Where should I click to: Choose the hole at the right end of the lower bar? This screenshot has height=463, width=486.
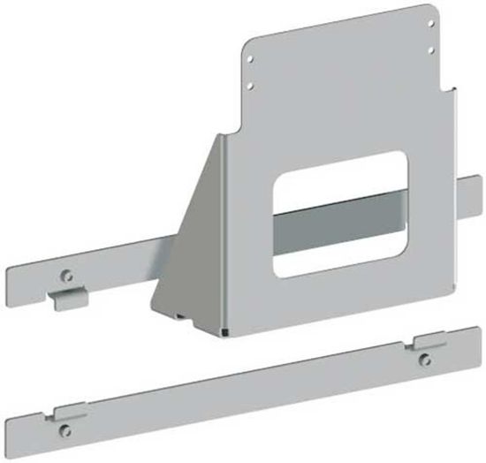click(x=426, y=357)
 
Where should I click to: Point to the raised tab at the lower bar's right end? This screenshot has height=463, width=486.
click(x=430, y=338)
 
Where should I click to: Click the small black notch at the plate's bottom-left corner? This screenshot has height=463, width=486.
click(x=225, y=332)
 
